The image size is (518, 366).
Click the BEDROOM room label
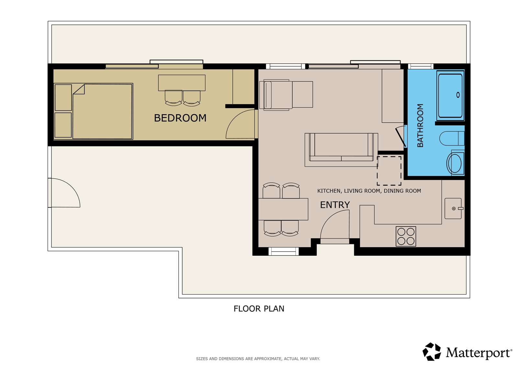[180, 118]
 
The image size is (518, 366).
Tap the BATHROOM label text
[420, 125]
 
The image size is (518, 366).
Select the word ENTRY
[335, 205]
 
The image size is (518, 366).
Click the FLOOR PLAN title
[259, 309]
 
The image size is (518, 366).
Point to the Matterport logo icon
[432, 352]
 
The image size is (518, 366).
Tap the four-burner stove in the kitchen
[406, 236]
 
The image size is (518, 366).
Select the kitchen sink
[453, 208]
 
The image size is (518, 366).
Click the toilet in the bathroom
[452, 138]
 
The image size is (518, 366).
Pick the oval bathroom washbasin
[455, 163]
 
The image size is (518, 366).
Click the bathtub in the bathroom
[450, 95]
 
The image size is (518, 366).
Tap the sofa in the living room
[341, 147]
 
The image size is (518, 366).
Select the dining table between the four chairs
[283, 209]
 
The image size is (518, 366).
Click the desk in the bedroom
[182, 83]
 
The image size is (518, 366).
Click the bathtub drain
[458, 95]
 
